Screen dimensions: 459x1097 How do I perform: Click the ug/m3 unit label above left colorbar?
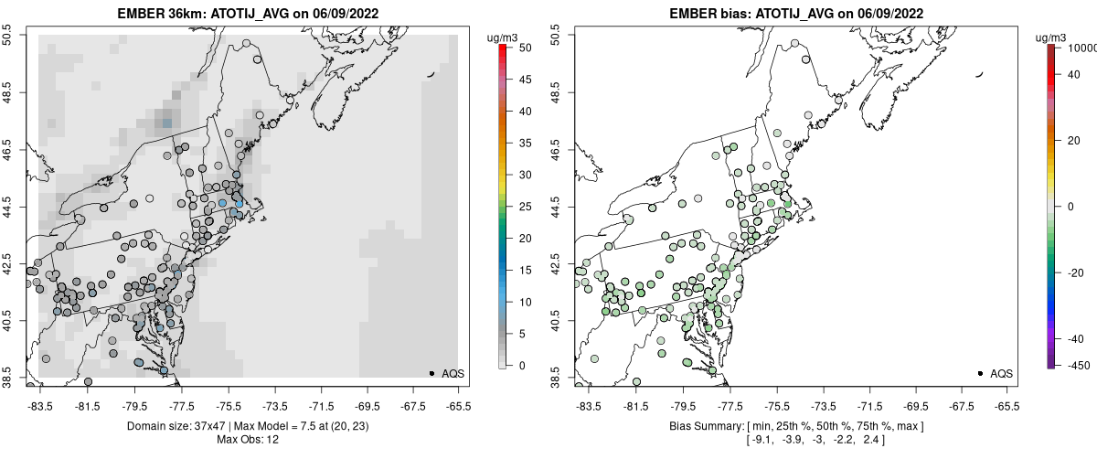coord(505,37)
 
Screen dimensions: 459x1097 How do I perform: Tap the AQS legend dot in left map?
coord(431,373)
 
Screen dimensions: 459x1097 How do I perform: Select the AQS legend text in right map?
coord(1001,373)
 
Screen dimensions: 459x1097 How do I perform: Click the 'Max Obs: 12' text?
coord(247,439)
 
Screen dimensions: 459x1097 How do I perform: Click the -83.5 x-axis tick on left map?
coord(40,405)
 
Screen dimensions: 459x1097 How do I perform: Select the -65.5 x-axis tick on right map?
coord(1006,405)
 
